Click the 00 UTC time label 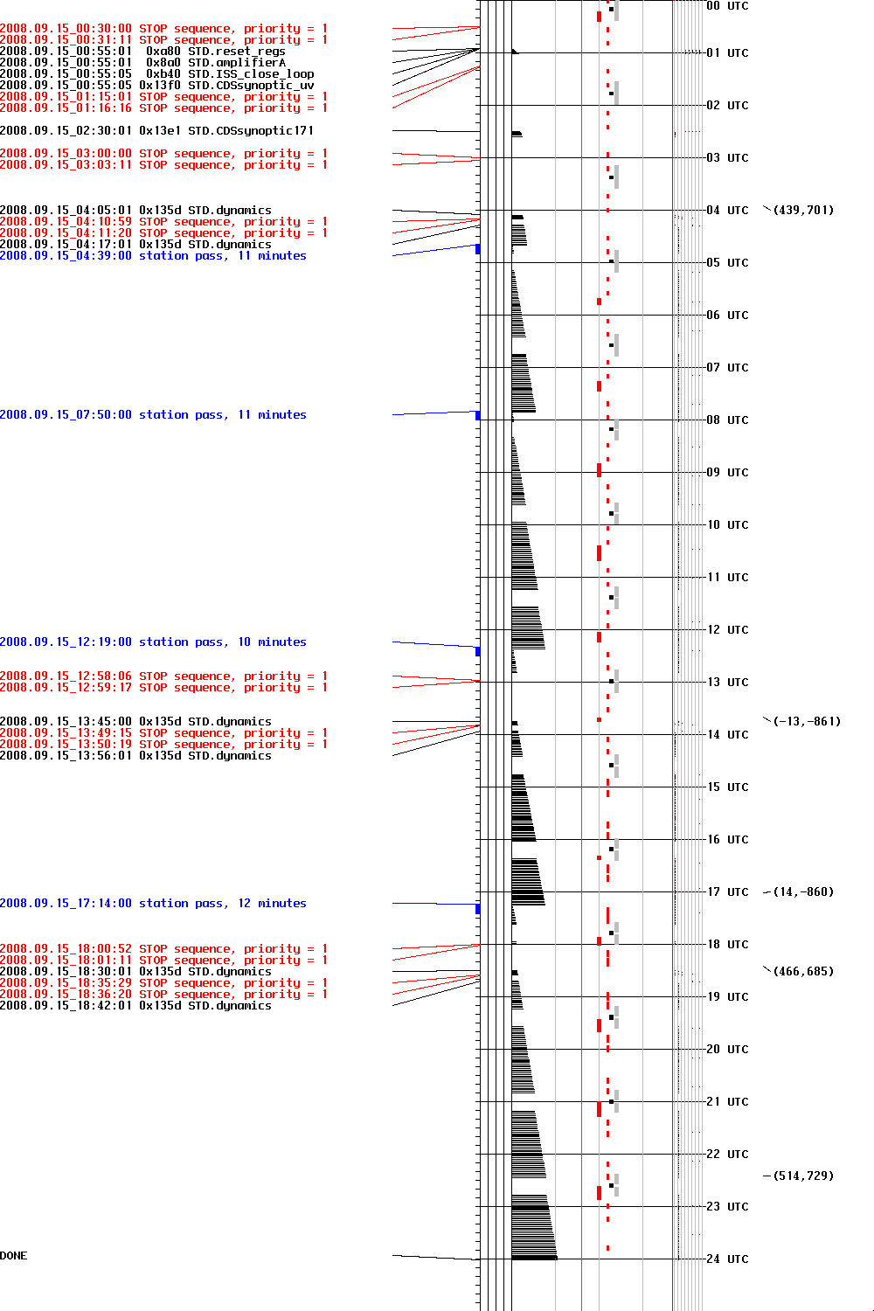(x=727, y=6)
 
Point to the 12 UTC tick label (x=727, y=629)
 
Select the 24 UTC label (x=727, y=1259)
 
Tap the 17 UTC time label (x=727, y=891)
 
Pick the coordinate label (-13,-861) (x=806, y=721)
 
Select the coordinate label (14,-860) (x=803, y=891)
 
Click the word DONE (x=14, y=1256)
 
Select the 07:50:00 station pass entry (x=153, y=415)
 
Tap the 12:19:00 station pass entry (x=153, y=642)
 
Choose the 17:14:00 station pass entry (x=153, y=904)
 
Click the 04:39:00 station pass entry (x=153, y=256)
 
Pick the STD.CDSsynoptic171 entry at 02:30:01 (x=156, y=131)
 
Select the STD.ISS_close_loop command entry (x=156, y=74)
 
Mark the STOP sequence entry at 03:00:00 (x=163, y=154)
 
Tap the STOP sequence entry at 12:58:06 (x=163, y=676)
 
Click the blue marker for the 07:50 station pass (x=478, y=415)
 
